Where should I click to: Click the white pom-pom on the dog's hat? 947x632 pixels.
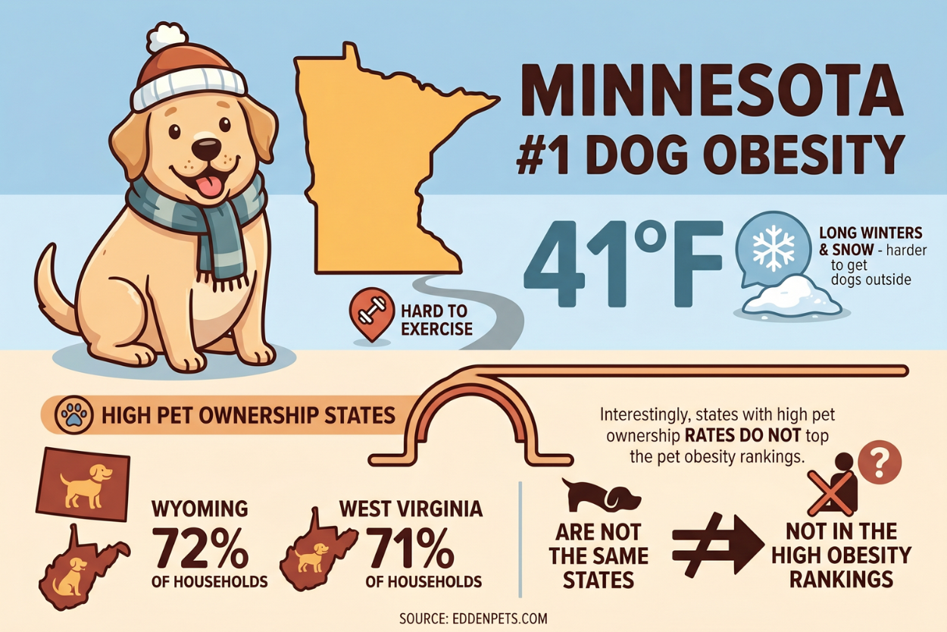tap(166, 36)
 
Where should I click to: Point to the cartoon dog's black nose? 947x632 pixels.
tap(205, 146)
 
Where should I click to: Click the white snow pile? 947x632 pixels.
tap(792, 297)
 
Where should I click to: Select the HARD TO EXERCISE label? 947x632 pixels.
tap(435, 320)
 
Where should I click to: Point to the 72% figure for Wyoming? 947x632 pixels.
tap(201, 547)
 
